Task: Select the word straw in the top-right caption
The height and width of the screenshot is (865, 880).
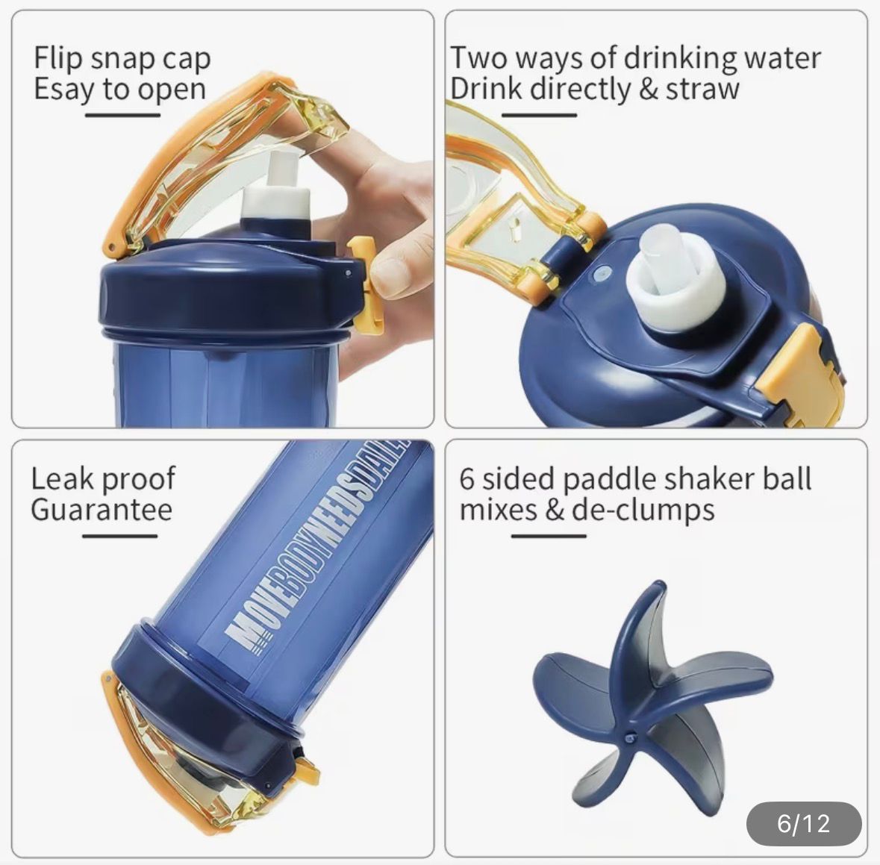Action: (x=702, y=90)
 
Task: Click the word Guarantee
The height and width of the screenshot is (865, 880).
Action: (x=102, y=510)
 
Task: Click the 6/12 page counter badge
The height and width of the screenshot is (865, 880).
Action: (x=804, y=823)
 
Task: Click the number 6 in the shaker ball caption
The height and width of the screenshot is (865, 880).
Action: (x=467, y=480)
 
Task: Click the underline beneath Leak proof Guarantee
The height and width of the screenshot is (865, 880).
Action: (x=119, y=536)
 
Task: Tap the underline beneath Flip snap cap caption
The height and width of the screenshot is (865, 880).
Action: (x=123, y=116)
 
